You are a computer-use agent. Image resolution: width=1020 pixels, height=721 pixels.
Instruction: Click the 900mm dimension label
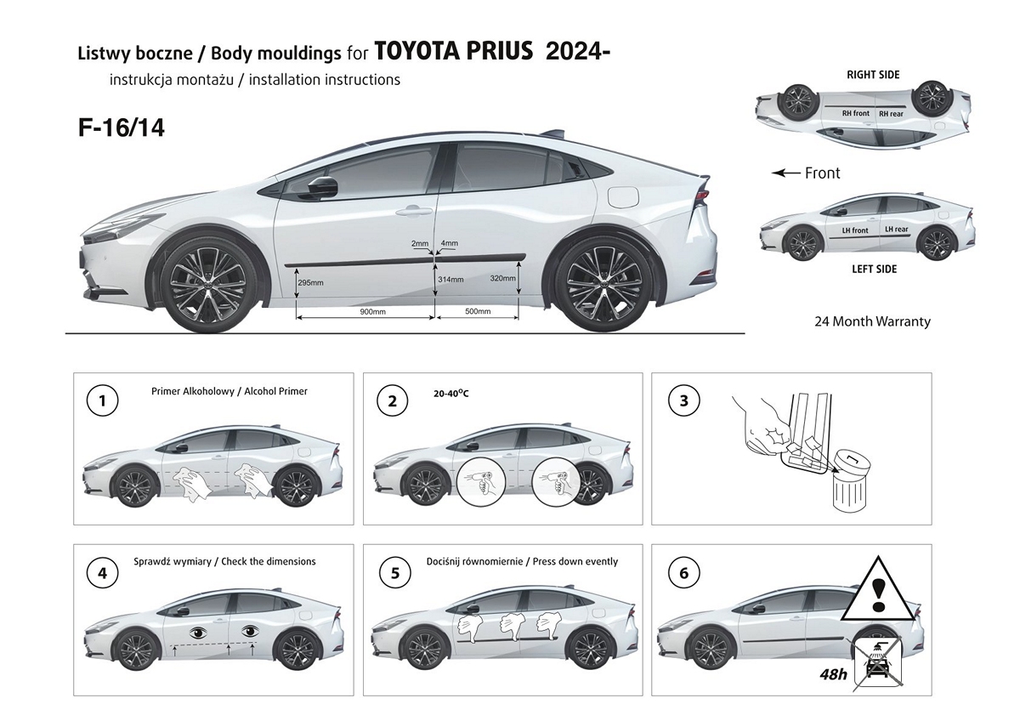point(367,312)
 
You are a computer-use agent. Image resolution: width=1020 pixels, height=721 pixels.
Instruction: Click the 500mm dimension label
point(478,312)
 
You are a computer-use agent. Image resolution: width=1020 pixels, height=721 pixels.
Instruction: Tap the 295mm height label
point(311,282)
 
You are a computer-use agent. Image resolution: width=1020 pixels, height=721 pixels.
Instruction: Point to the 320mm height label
point(502,278)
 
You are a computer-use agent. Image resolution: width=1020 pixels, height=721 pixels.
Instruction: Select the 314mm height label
point(450,279)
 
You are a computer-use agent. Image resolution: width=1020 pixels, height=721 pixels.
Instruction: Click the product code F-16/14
point(121,128)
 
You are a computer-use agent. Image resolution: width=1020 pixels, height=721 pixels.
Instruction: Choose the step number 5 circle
point(395,573)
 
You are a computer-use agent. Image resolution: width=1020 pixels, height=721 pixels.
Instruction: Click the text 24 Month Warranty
point(872,321)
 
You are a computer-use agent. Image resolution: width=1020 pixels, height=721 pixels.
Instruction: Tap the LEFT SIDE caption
point(874,270)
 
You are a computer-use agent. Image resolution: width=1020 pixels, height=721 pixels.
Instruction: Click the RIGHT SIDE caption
point(872,75)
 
